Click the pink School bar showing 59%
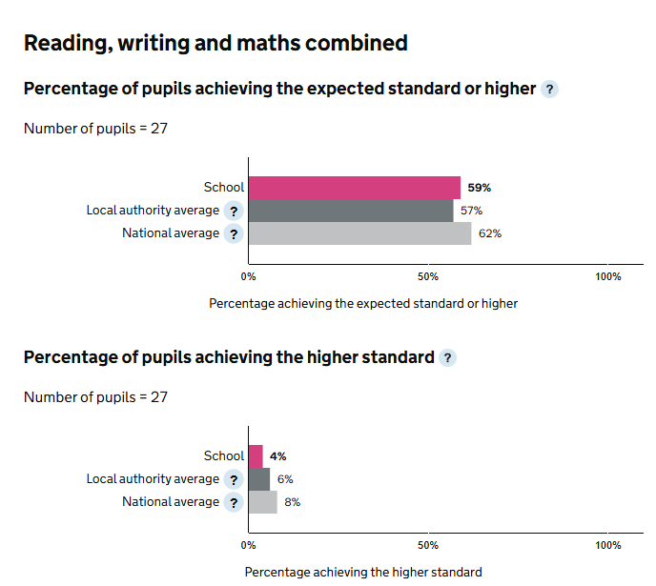(x=354, y=188)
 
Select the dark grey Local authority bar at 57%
(x=350, y=211)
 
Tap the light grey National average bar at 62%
(x=359, y=233)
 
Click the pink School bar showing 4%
(x=256, y=456)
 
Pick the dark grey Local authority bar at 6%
(x=258, y=479)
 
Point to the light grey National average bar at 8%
(x=262, y=502)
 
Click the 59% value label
(x=479, y=188)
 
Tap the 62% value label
(x=490, y=233)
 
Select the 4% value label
(x=278, y=456)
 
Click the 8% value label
(x=292, y=502)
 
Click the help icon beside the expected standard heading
(x=549, y=90)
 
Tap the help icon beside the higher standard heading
(x=448, y=358)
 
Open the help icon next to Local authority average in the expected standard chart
(x=234, y=211)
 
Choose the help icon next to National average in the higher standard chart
(x=234, y=502)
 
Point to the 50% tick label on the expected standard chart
(x=428, y=276)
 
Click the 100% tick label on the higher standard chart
(x=607, y=545)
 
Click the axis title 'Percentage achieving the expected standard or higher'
(x=362, y=303)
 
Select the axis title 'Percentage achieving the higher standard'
(x=362, y=572)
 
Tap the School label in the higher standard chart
(x=224, y=456)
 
